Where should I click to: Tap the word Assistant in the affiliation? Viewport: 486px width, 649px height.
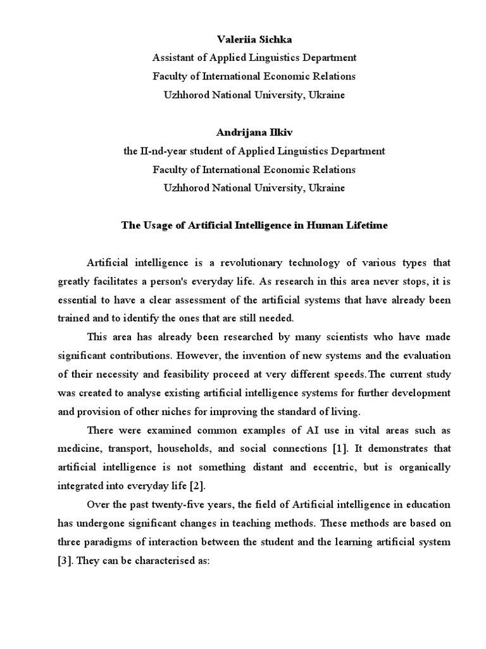174,58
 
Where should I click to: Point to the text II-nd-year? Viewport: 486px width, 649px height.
163,151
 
